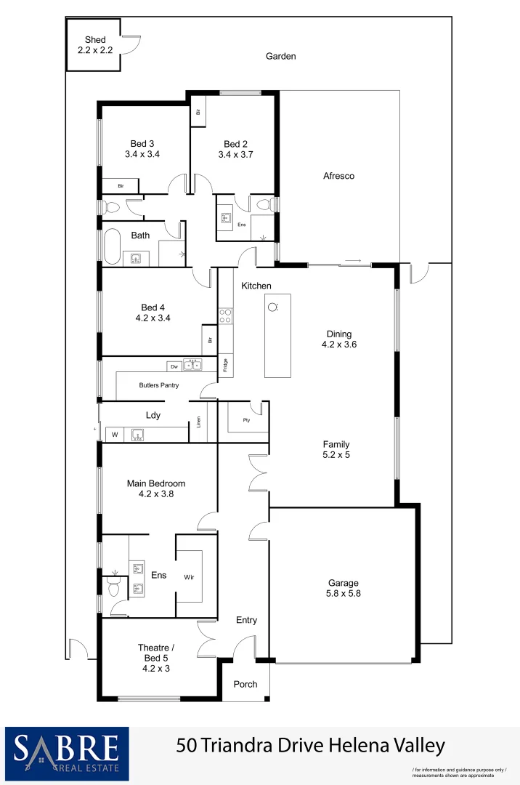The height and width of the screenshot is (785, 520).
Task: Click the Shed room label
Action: click(x=95, y=40)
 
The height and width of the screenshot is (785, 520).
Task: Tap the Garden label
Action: click(x=280, y=56)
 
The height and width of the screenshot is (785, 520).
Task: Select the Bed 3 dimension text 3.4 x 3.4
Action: click(x=142, y=154)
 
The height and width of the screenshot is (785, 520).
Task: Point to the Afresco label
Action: click(x=338, y=176)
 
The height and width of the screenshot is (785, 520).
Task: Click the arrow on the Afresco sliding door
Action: click(x=353, y=261)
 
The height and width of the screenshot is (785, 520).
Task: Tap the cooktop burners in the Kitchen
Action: click(x=226, y=315)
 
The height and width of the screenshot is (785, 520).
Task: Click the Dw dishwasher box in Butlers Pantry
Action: click(x=174, y=366)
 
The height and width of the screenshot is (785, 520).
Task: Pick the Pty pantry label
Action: click(x=247, y=419)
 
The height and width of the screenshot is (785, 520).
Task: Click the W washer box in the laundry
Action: click(x=114, y=435)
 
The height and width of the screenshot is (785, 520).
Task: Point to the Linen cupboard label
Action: click(x=199, y=422)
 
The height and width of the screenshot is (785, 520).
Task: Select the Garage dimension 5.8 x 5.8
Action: click(x=344, y=593)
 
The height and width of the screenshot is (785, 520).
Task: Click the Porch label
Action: click(x=245, y=684)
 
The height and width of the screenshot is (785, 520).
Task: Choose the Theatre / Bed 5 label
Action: click(x=153, y=653)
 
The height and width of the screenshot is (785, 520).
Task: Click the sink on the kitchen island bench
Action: click(x=273, y=307)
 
